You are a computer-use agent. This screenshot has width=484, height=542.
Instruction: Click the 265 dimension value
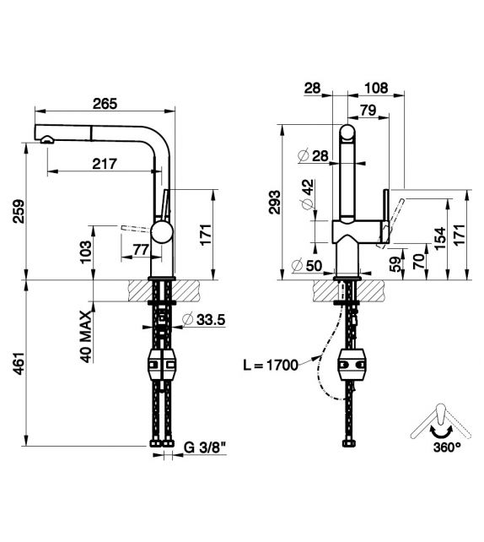pos(105,104)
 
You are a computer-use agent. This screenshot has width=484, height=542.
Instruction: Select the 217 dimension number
pos(105,164)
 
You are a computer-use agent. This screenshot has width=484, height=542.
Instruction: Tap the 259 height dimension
pos(19,211)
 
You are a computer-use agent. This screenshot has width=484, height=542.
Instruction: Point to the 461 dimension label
pos(19,363)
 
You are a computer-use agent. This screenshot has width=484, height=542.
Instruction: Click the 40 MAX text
pos(86,336)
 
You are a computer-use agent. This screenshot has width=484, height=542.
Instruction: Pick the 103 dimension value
pos(86,252)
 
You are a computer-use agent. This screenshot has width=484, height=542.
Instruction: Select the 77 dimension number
pos(141,250)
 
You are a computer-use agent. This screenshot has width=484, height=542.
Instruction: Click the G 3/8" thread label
pos(204,447)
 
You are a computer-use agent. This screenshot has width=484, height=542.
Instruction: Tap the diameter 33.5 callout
pos(204,320)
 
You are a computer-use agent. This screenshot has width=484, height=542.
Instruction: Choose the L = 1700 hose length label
pos(271,365)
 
